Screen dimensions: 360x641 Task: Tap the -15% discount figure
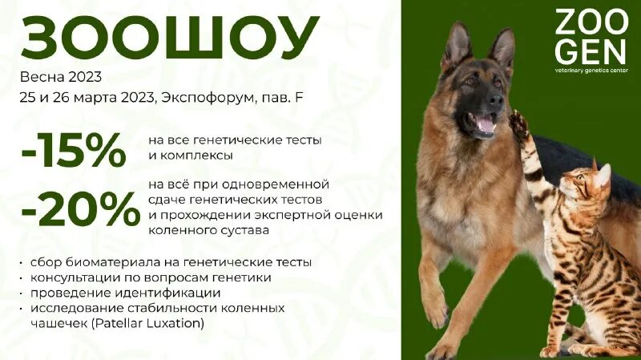(x=74, y=149)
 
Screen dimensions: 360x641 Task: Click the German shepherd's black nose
(x=497, y=101)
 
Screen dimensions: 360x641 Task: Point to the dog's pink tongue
(x=486, y=124)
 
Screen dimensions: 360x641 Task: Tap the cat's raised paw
(x=518, y=125)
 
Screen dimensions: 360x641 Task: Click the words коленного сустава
(x=208, y=230)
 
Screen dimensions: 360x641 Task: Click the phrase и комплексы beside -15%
(x=190, y=155)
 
